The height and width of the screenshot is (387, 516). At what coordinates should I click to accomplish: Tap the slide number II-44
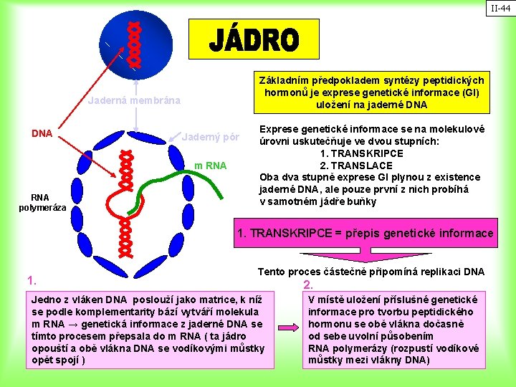click(x=500, y=9)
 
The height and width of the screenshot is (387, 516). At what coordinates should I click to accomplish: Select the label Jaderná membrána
click(x=134, y=100)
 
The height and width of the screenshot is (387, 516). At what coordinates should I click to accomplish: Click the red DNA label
click(x=42, y=134)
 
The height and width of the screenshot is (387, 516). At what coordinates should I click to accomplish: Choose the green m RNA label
click(x=211, y=166)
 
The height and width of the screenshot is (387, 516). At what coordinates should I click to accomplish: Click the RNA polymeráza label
click(x=42, y=203)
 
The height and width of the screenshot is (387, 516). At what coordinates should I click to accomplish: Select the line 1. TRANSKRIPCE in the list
click(x=373, y=153)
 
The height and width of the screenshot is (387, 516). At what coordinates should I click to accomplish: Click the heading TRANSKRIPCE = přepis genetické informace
click(x=365, y=233)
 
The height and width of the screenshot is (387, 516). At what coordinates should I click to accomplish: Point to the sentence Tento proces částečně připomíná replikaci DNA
click(x=371, y=272)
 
